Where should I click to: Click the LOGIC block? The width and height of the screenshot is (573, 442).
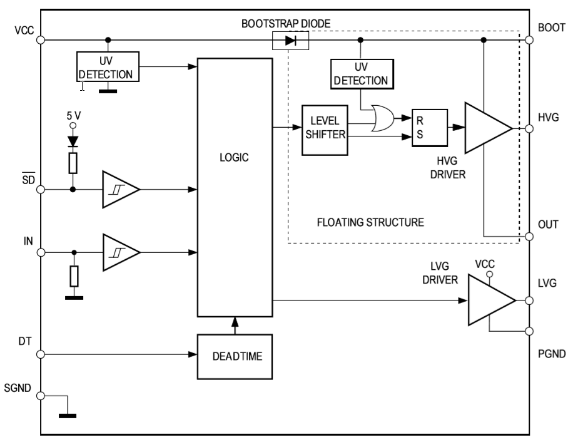point(235,188)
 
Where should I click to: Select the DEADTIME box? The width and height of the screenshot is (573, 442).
point(235,356)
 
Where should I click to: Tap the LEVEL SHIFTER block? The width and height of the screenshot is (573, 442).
point(324,130)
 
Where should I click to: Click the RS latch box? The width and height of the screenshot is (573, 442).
point(429,127)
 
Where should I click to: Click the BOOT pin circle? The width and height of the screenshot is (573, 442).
point(529,40)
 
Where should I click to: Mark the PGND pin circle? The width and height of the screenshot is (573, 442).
point(529,331)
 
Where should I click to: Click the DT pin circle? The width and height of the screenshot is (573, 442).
point(41,354)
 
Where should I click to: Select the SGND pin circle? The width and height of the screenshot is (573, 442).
point(41,396)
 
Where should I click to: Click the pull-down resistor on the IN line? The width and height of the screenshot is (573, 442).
point(74,275)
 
